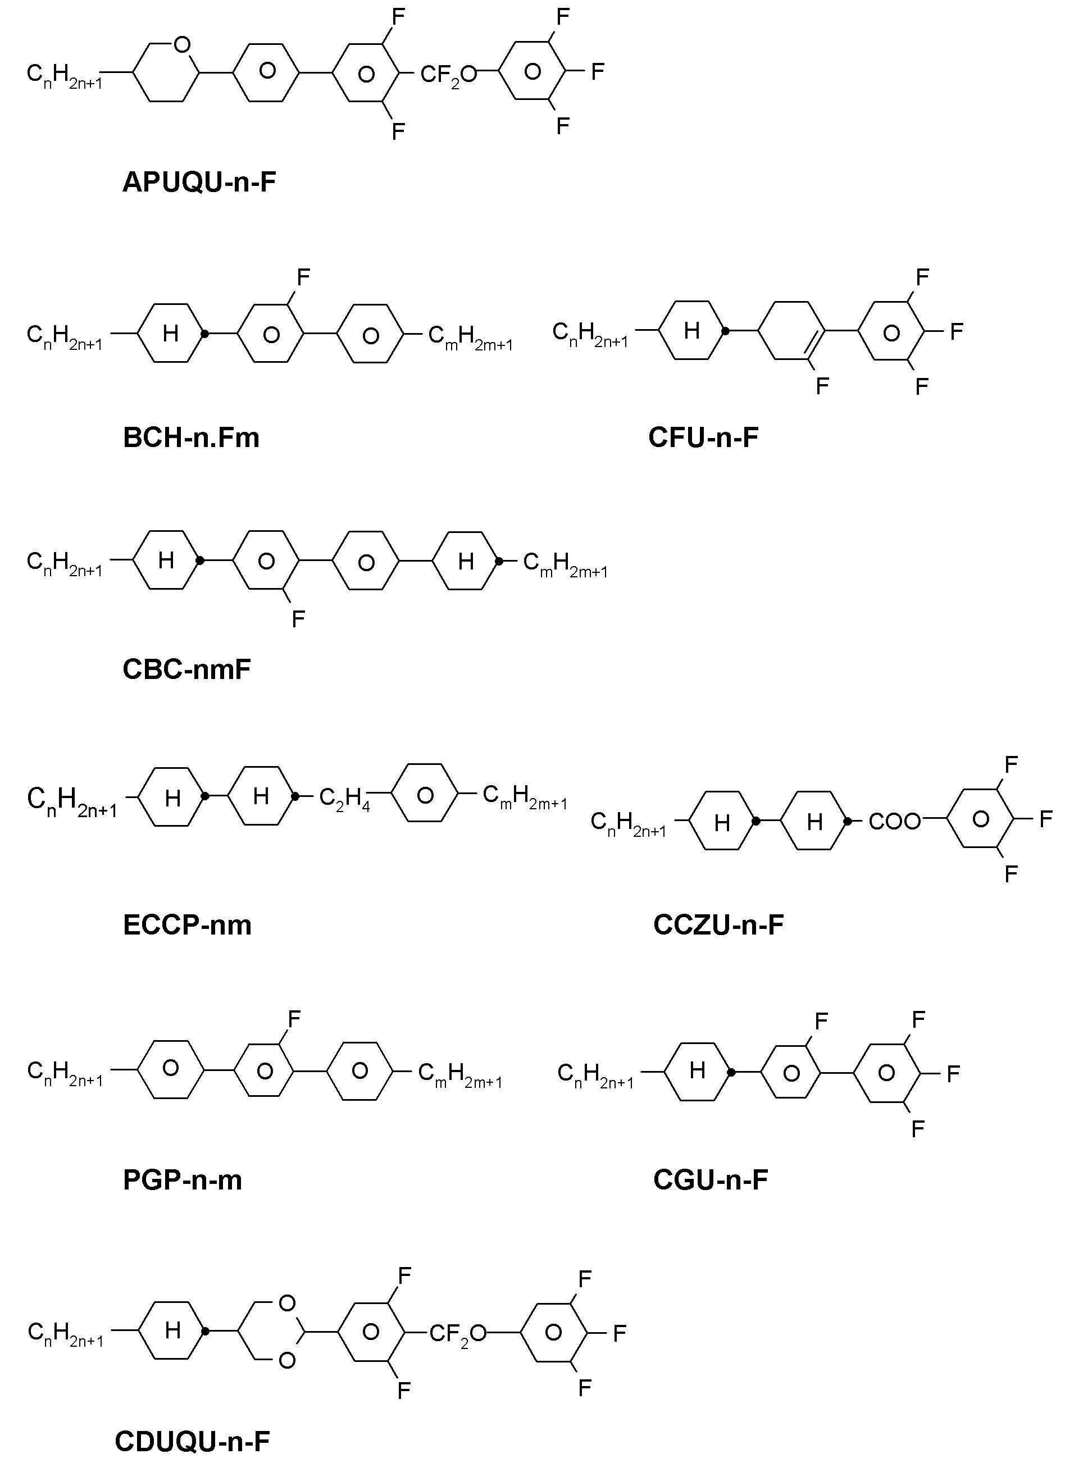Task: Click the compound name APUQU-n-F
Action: pyautogui.click(x=199, y=183)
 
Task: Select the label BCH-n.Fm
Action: pyautogui.click(x=191, y=438)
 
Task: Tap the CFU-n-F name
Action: pyautogui.click(x=703, y=438)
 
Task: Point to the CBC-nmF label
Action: pyautogui.click(x=186, y=669)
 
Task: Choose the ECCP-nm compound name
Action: pyautogui.click(x=187, y=924)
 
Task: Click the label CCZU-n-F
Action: pyautogui.click(x=718, y=924)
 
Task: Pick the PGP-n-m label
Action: pyautogui.click(x=183, y=1179)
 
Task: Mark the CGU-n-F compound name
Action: pyautogui.click(x=711, y=1179)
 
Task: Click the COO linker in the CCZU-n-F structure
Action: pyautogui.click(x=895, y=822)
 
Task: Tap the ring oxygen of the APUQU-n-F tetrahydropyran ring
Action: pyautogui.click(x=183, y=44)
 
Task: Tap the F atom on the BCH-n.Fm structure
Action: pyautogui.click(x=303, y=278)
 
